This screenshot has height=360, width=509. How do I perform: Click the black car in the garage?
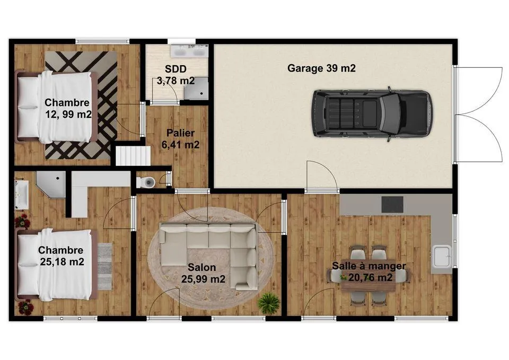click(371, 114)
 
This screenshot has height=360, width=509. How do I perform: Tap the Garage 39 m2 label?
click(321, 68)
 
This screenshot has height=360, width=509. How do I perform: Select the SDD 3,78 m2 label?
click(175, 75)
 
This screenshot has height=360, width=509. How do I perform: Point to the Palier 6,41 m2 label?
click(180, 138)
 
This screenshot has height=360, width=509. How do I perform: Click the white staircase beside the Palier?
click(133, 156)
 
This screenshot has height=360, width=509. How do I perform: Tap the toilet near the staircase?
click(146, 182)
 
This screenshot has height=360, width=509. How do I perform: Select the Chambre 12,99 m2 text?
click(67, 108)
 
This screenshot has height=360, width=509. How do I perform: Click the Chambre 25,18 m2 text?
click(61, 256)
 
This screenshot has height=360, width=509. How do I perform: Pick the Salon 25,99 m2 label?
click(203, 273)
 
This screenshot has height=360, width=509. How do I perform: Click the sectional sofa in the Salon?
click(212, 244)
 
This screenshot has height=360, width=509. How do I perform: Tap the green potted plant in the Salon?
click(268, 304)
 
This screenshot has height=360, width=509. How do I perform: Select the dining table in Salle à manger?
click(368, 277)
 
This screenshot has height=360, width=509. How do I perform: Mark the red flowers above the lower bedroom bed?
click(23, 221)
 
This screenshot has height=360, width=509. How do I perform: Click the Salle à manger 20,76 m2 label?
click(369, 271)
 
